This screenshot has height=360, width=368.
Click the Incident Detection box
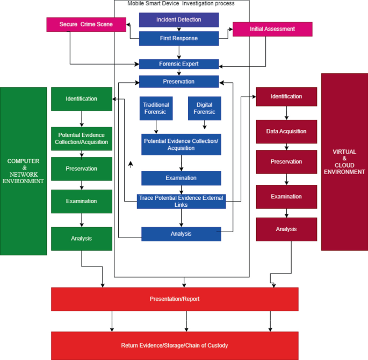(x=179, y=20)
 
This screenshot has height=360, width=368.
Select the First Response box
(x=179, y=38)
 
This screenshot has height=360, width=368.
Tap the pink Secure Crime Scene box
(x=86, y=24)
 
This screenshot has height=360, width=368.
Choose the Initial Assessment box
(x=272, y=29)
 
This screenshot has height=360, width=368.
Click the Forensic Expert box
(x=179, y=64)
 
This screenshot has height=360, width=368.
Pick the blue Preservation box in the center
(x=179, y=82)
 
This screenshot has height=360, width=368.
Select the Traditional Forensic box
(x=156, y=109)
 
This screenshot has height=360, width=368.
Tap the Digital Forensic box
(x=204, y=109)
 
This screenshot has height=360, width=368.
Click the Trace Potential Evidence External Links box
(x=181, y=201)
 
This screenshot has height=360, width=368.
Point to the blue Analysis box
(x=181, y=234)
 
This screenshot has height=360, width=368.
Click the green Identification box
(x=82, y=99)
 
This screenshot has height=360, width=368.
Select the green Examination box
(x=82, y=201)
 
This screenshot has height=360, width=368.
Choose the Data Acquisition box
(x=286, y=131)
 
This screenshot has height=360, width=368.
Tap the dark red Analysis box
(x=286, y=229)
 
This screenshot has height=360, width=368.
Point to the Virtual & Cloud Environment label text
(x=344, y=162)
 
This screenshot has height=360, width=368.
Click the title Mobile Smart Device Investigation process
(x=181, y=4)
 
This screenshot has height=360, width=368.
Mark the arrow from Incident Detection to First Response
(x=179, y=29)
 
